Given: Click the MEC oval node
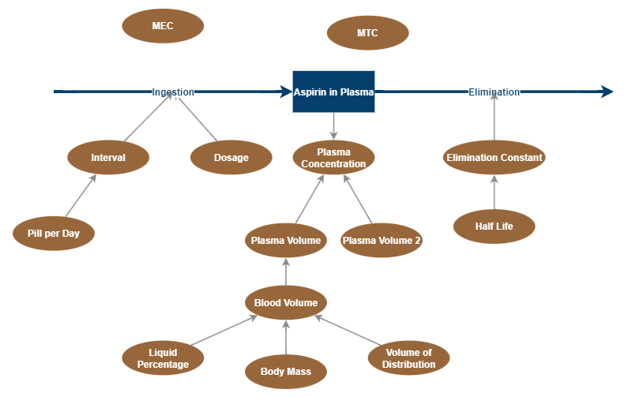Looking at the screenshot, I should click(x=163, y=26).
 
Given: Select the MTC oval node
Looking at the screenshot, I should click(x=367, y=33).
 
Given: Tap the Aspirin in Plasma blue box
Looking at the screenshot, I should click(x=333, y=92).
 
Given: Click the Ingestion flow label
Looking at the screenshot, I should click(x=173, y=92).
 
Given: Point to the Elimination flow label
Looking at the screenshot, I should click(x=495, y=92).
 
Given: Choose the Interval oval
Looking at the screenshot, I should click(x=108, y=157).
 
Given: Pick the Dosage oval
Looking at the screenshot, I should click(x=231, y=157).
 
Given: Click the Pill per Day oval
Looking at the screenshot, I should click(x=54, y=233).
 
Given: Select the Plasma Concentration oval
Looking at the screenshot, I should click(x=333, y=157).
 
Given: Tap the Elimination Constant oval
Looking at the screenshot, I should click(x=495, y=157).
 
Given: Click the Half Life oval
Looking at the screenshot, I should click(x=495, y=227).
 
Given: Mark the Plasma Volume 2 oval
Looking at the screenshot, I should click(x=382, y=240).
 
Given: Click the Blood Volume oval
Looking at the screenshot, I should click(x=286, y=302).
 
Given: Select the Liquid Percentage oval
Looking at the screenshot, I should click(x=163, y=358).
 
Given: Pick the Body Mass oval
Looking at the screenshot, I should click(x=286, y=371).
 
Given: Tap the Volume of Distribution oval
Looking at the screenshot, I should click(x=408, y=358).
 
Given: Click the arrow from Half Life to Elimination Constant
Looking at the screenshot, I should click(x=495, y=192).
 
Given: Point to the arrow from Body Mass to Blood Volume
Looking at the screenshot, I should click(x=286, y=337).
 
